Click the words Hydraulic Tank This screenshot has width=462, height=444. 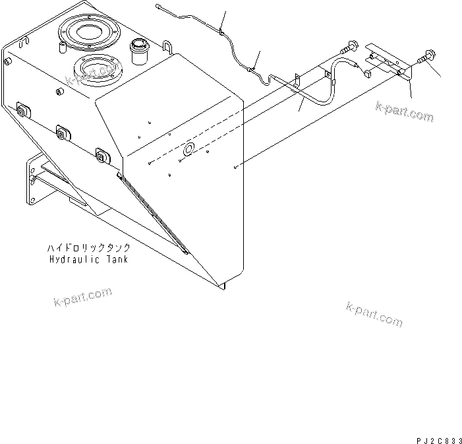pos(88,259)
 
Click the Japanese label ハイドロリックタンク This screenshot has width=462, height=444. pos(88,248)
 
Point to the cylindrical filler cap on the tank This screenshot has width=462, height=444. pos(139,50)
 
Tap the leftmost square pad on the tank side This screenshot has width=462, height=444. pos(22,110)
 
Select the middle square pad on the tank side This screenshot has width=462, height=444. pos(62,133)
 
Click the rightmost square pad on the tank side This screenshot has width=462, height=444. pos(102,155)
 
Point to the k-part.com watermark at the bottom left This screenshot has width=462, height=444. pos(82,298)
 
